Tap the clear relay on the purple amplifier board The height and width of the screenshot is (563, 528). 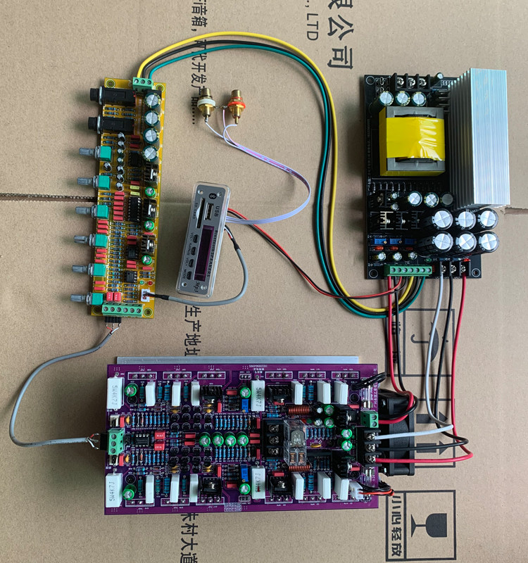click(295, 441)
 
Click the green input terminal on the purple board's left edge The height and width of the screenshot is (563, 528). click(118, 442)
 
